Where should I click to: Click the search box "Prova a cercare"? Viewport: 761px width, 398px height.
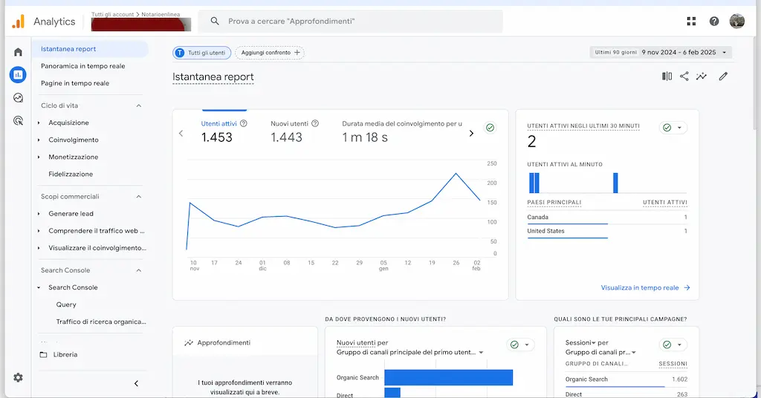tap(349, 22)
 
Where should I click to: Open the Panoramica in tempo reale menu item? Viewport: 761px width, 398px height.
tap(82, 66)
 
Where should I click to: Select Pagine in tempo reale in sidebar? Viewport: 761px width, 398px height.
tap(75, 83)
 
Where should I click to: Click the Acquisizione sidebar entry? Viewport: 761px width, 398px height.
tap(68, 123)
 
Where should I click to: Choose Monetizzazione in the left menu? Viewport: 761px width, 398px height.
tap(73, 157)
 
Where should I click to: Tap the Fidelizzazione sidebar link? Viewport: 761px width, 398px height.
tap(71, 174)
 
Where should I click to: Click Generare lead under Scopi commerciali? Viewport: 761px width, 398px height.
tap(71, 213)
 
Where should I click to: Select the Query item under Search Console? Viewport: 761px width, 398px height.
tap(66, 304)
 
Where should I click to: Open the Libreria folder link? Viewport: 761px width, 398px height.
tap(65, 354)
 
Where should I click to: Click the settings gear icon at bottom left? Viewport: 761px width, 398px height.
tap(18, 377)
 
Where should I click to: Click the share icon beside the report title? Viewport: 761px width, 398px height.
tap(684, 76)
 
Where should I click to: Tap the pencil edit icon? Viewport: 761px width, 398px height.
tap(723, 76)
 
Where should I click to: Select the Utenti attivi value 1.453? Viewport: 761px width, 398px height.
tap(217, 137)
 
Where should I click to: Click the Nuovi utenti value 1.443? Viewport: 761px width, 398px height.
tap(286, 137)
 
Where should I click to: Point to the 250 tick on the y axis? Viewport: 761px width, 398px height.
tap(492, 163)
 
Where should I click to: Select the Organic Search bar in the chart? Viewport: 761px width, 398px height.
tap(448, 377)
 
